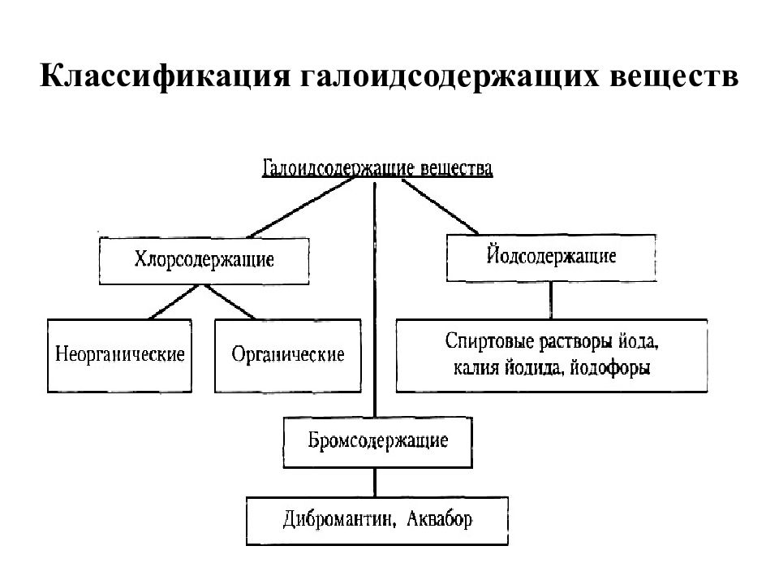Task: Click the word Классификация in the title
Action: pyautogui.click(x=165, y=77)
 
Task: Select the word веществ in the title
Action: pyautogui.click(x=674, y=76)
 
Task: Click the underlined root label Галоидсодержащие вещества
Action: pyautogui.click(x=377, y=169)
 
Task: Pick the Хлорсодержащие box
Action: pyautogui.click(x=204, y=261)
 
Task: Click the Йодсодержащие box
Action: pyautogui.click(x=552, y=258)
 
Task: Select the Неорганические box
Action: pyautogui.click(x=120, y=356)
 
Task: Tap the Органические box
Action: pyautogui.click(x=288, y=356)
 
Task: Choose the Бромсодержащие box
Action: pyautogui.click(x=378, y=442)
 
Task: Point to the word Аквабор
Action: pyautogui.click(x=440, y=519)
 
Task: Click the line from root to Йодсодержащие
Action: pyautogui.click(x=440, y=206)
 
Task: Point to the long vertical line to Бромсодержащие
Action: pyautogui.click(x=375, y=300)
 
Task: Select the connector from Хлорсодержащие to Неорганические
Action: pyautogui.click(x=174, y=302)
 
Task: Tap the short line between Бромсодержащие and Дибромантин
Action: pyautogui.click(x=375, y=482)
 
